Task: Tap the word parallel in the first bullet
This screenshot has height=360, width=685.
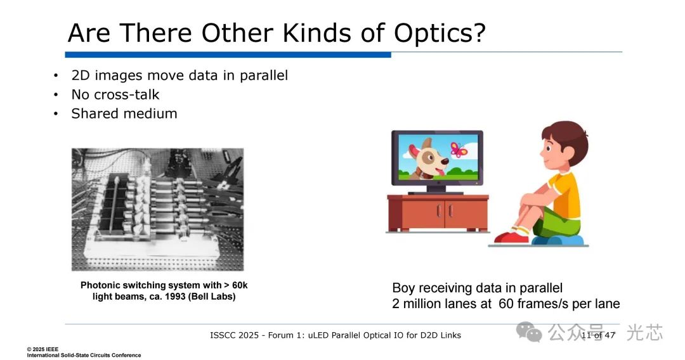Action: click(x=264, y=76)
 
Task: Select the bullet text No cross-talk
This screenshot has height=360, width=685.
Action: click(x=115, y=94)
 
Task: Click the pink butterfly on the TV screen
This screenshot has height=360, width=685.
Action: click(x=459, y=149)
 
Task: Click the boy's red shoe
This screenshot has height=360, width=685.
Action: click(x=512, y=237)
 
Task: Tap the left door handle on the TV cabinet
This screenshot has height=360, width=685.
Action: click(x=438, y=211)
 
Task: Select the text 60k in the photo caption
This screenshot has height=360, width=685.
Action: click(x=240, y=285)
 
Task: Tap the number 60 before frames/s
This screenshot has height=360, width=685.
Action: click(x=506, y=304)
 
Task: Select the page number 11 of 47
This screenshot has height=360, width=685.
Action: click(x=598, y=335)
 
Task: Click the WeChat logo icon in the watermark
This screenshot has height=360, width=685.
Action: click(x=529, y=332)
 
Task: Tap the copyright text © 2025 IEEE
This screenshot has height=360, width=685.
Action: click(x=42, y=349)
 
